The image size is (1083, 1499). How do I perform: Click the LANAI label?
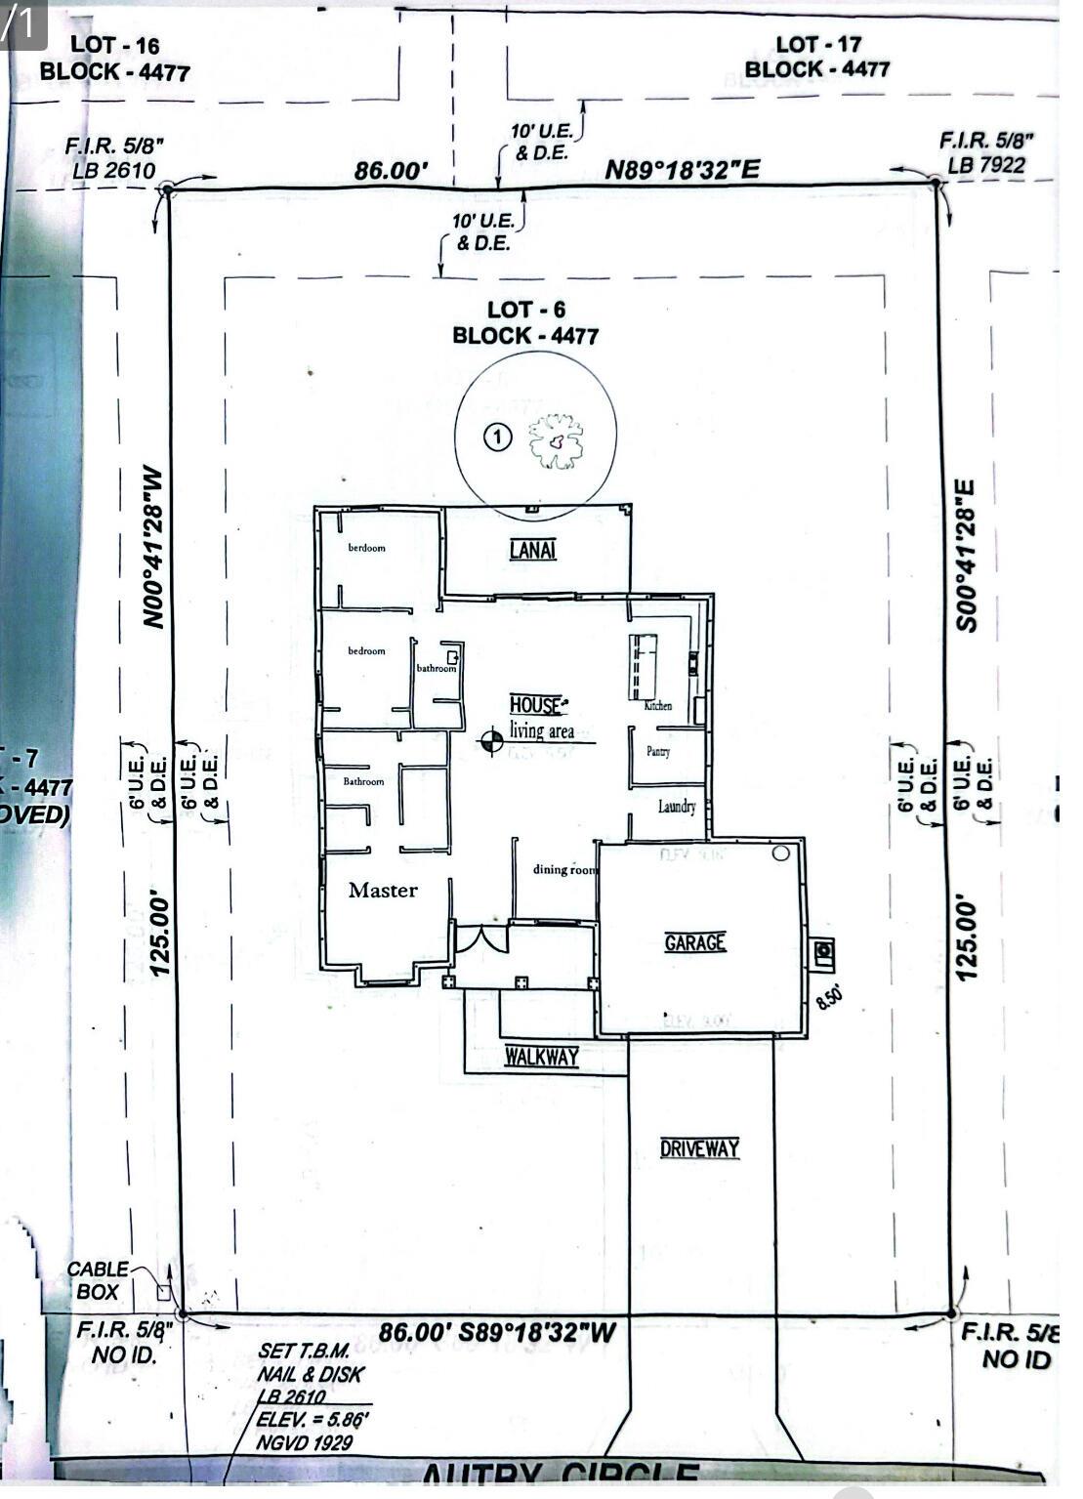coord(532,550)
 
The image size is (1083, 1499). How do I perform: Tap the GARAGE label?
coord(694,942)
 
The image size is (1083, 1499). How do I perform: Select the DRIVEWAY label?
coord(699,1148)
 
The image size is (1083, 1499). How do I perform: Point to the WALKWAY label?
coord(542,1057)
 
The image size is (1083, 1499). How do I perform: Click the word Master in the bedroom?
coord(383,890)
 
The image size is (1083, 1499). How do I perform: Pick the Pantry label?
coord(657,752)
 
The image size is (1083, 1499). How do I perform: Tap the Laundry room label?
coord(677,807)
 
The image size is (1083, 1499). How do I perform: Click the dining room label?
coord(563,869)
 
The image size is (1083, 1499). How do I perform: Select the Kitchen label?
coord(657,705)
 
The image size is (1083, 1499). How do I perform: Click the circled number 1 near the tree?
coord(498,437)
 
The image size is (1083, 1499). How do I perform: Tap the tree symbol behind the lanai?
coord(556,441)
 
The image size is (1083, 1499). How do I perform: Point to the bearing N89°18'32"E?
coord(682,170)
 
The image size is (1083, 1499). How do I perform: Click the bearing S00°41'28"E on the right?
coord(965,555)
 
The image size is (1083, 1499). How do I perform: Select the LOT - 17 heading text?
coord(817,44)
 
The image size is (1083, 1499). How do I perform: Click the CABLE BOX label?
coord(97,1280)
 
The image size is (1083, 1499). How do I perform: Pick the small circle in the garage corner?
coord(780,854)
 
